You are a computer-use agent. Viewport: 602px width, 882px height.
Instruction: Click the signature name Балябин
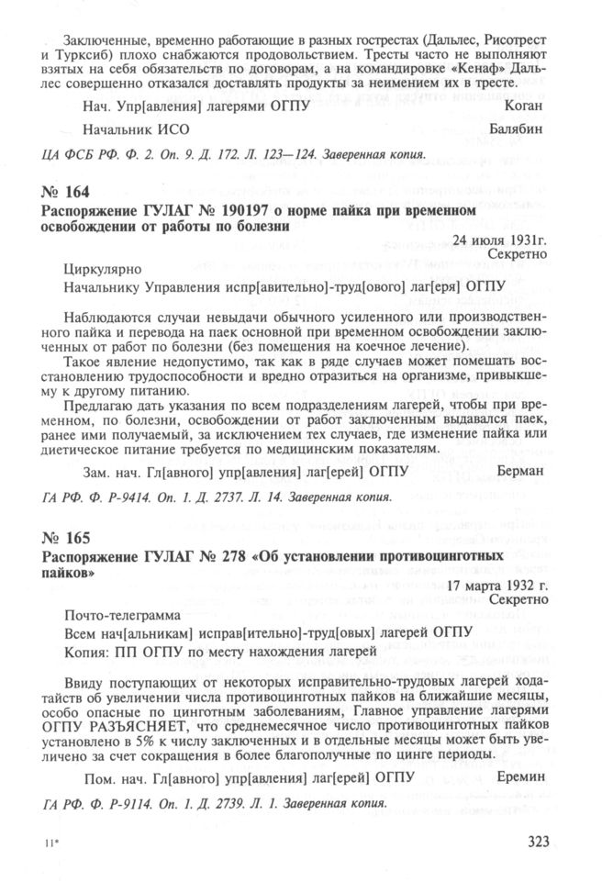click(517, 128)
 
